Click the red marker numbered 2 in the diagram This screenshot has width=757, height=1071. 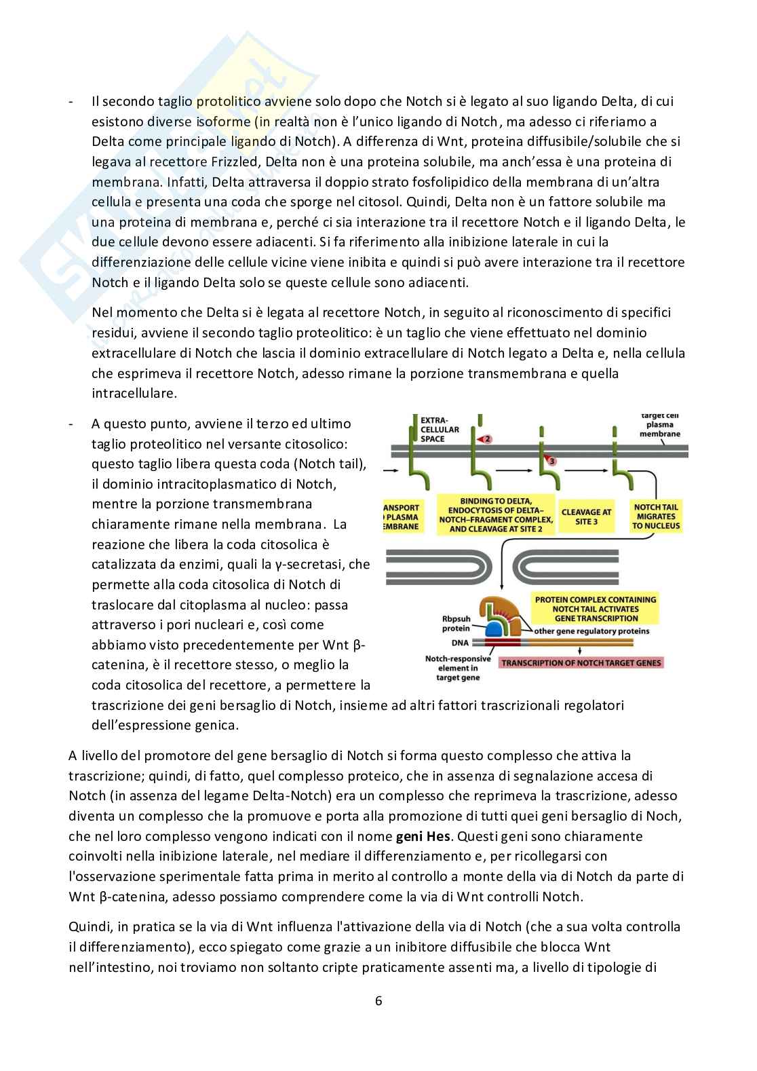pos(484,439)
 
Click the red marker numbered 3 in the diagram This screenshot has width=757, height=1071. pos(551,461)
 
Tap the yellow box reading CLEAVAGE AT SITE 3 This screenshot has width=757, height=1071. pos(586,516)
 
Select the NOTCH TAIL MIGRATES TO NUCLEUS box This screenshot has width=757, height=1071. pos(655,516)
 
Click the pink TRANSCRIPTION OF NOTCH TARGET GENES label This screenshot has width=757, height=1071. pos(581,662)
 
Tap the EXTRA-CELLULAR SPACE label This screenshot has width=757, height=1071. pos(440,429)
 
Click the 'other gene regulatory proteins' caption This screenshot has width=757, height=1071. pos(591,631)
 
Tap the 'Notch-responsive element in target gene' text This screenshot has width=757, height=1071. pos(451,668)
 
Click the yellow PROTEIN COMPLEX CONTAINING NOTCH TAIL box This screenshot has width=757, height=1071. pos(595,609)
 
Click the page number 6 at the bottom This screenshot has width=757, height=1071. pos(378,1000)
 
